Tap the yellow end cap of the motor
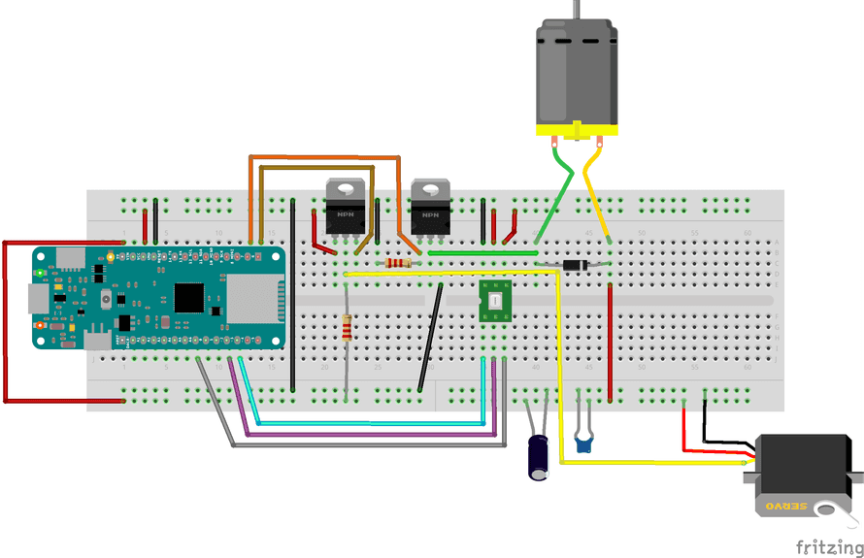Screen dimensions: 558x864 [x=577, y=128]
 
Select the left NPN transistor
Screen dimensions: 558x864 [x=345, y=209]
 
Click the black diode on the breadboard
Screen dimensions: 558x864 [x=576, y=264]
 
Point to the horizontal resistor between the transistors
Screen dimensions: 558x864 [x=397, y=263]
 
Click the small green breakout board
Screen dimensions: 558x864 [x=495, y=302]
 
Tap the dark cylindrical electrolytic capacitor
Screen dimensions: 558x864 [x=538, y=456]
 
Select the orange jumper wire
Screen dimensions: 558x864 [x=325, y=156]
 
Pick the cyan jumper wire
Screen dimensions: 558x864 [x=369, y=424]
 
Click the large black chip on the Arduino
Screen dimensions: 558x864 [x=189, y=297]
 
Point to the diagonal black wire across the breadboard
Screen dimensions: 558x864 [x=431, y=335]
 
